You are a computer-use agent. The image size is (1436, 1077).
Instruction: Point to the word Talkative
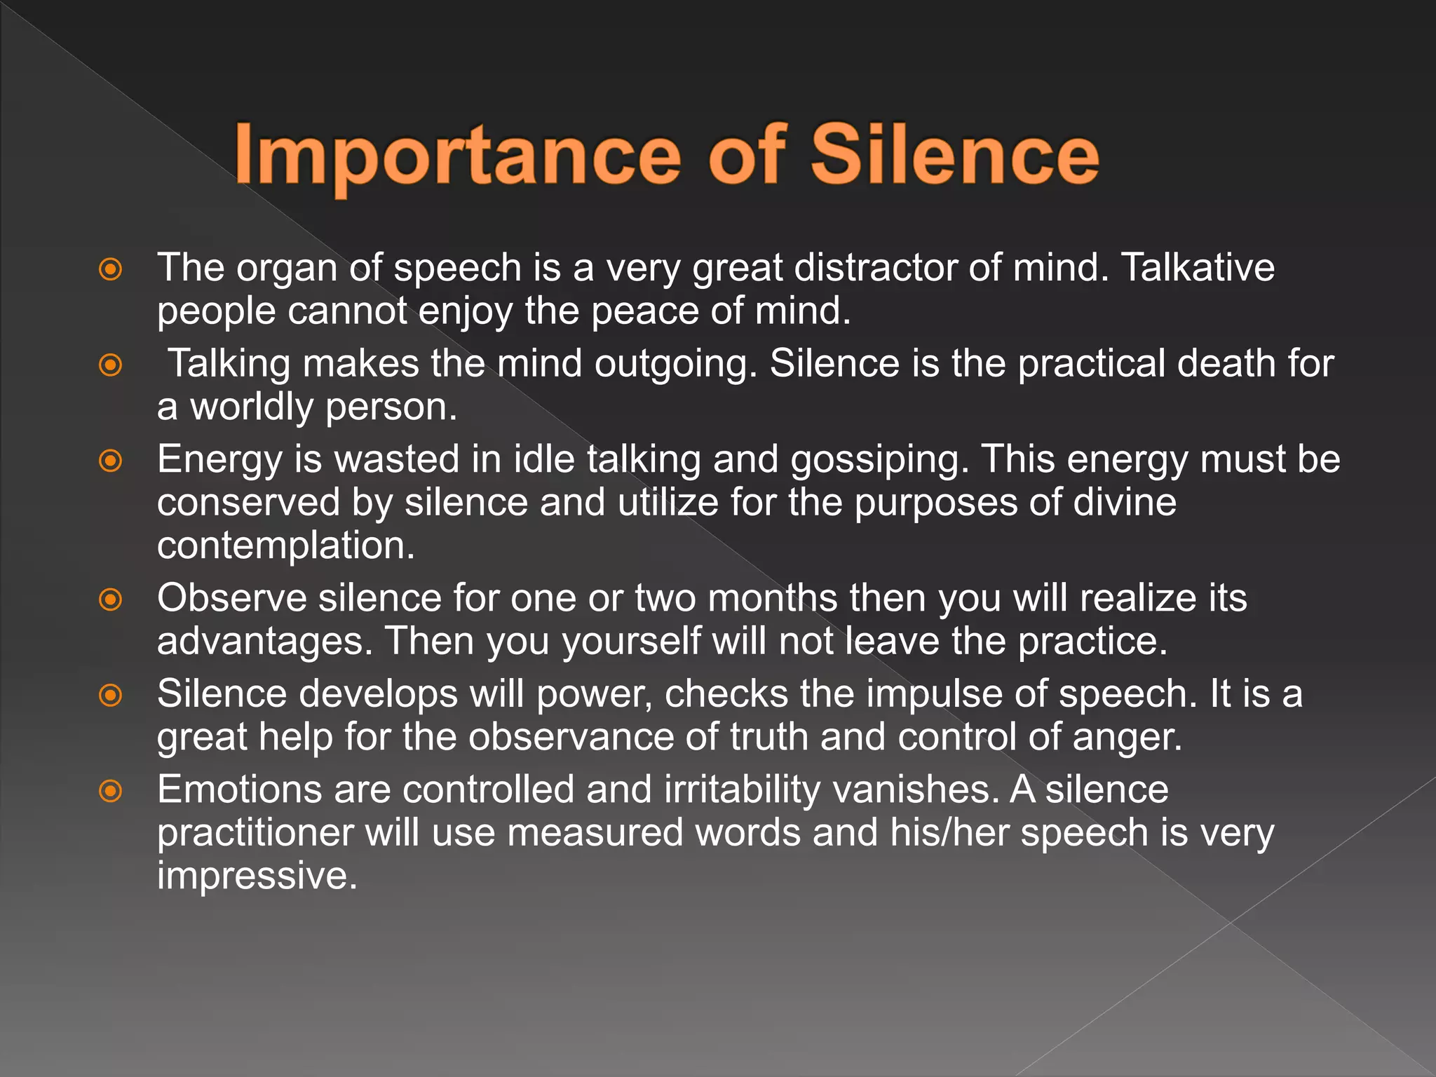coord(1198,268)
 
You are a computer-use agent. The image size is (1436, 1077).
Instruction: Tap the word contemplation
coord(285,546)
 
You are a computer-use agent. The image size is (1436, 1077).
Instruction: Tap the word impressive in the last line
coord(257,876)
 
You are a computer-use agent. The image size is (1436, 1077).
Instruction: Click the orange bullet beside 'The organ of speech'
coord(111,269)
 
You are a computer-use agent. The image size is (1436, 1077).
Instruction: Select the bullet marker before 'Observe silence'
coord(111,600)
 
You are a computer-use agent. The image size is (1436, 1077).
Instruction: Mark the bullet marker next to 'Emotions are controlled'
coord(111,791)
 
